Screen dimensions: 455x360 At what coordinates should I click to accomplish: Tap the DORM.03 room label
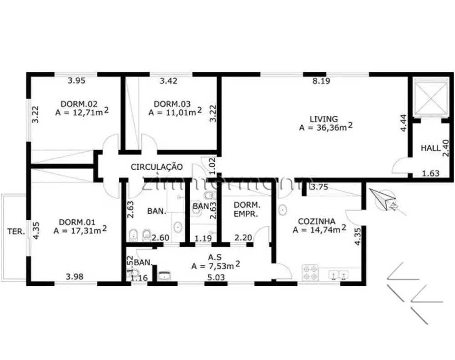click(x=172, y=104)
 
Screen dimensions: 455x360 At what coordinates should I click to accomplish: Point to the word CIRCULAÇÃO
click(x=157, y=167)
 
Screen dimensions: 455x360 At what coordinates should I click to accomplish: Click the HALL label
click(x=430, y=148)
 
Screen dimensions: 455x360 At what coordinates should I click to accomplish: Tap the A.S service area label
click(x=215, y=257)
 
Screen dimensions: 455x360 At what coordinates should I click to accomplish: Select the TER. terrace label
click(x=16, y=231)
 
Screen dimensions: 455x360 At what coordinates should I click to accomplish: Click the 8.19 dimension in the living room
click(x=321, y=81)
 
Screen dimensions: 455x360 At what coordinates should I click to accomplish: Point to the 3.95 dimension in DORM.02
click(x=76, y=81)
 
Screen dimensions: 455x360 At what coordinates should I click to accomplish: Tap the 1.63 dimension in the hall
click(x=430, y=173)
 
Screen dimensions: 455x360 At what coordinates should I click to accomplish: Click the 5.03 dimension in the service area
click(x=216, y=278)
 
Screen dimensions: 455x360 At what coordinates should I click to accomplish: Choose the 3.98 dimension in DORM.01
click(x=75, y=277)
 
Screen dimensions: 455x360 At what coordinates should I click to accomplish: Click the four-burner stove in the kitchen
click(x=310, y=273)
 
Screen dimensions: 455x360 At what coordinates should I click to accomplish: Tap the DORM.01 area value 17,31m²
click(x=80, y=230)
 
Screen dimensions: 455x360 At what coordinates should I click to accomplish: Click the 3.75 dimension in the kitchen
click(x=319, y=187)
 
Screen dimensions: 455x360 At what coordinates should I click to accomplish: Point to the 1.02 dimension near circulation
click(x=212, y=166)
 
